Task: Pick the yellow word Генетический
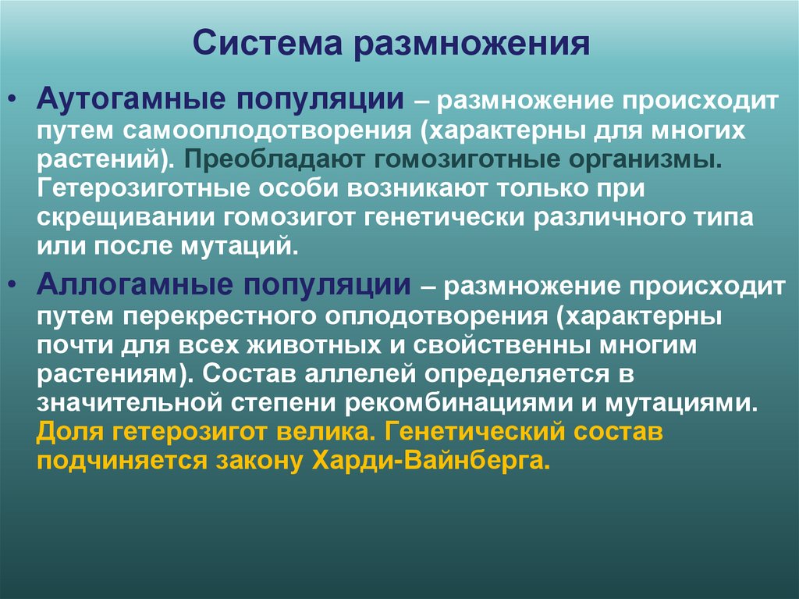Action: [x=478, y=432]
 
